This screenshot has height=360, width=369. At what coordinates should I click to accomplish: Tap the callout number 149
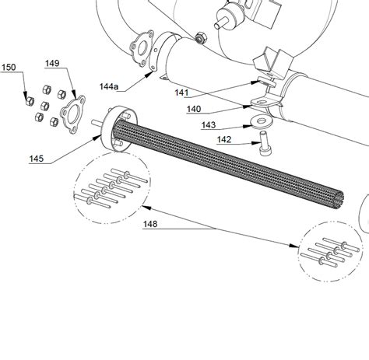tap(52, 64)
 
